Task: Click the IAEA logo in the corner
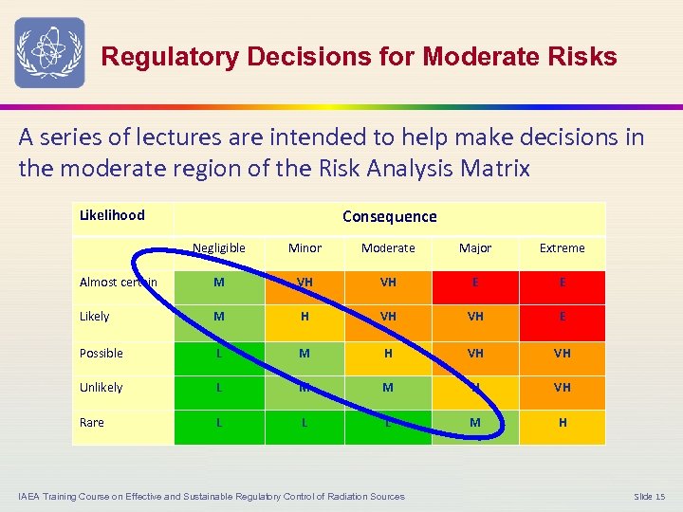pos(49,52)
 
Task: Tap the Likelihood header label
pos(112,215)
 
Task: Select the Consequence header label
pos(389,217)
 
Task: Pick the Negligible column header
pos(219,248)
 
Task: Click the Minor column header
pos(305,248)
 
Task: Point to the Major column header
pos(475,248)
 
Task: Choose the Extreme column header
pos(562,248)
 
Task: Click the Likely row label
pos(95,317)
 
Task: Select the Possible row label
pos(102,354)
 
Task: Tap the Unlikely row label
pos(102,388)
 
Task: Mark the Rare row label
pos(92,423)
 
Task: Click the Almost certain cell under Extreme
pos(562,282)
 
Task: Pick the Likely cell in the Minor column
pos(305,317)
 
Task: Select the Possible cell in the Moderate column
pos(389,354)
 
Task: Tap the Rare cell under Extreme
pos(562,423)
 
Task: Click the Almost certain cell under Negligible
pos(219,282)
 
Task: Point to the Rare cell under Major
pos(475,423)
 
